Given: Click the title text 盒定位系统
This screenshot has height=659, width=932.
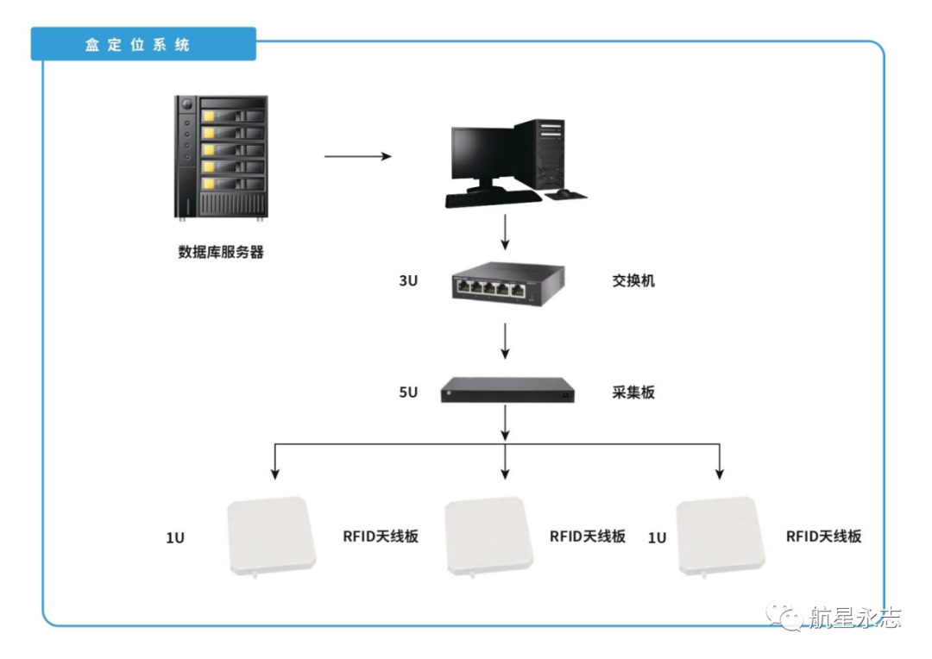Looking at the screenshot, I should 137,45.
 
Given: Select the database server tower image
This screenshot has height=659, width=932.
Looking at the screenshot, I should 221,157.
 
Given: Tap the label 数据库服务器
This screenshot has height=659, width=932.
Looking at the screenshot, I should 221,253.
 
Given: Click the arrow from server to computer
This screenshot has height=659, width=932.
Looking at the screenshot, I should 357,157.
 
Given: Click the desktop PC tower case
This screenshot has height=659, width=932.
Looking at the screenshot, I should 541,154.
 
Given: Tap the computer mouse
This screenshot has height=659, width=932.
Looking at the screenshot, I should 564,193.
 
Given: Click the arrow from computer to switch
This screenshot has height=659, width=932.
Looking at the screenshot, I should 506,230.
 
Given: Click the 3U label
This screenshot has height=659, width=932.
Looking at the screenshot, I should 408,281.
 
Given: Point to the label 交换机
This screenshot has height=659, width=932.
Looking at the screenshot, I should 633,281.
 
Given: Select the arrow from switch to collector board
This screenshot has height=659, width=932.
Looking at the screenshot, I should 506,342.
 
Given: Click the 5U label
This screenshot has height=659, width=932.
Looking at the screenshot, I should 408,392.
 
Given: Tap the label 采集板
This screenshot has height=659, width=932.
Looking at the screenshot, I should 633,392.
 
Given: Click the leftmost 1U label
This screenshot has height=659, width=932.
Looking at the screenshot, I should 175,538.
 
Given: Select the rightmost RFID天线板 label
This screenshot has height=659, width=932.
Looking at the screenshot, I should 823,536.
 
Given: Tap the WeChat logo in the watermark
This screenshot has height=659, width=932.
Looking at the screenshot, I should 790,617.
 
